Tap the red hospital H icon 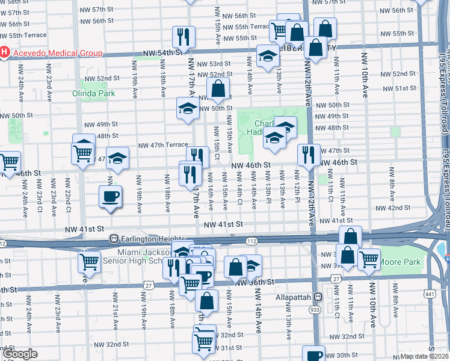tap(5, 53)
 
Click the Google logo tap(20, 354)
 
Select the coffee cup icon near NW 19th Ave tap(109, 197)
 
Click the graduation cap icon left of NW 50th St tap(188, 108)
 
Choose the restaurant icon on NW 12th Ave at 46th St tap(308, 154)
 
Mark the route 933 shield tap(315, 309)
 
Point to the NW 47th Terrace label tap(163, 146)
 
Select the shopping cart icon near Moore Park tap(369, 259)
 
